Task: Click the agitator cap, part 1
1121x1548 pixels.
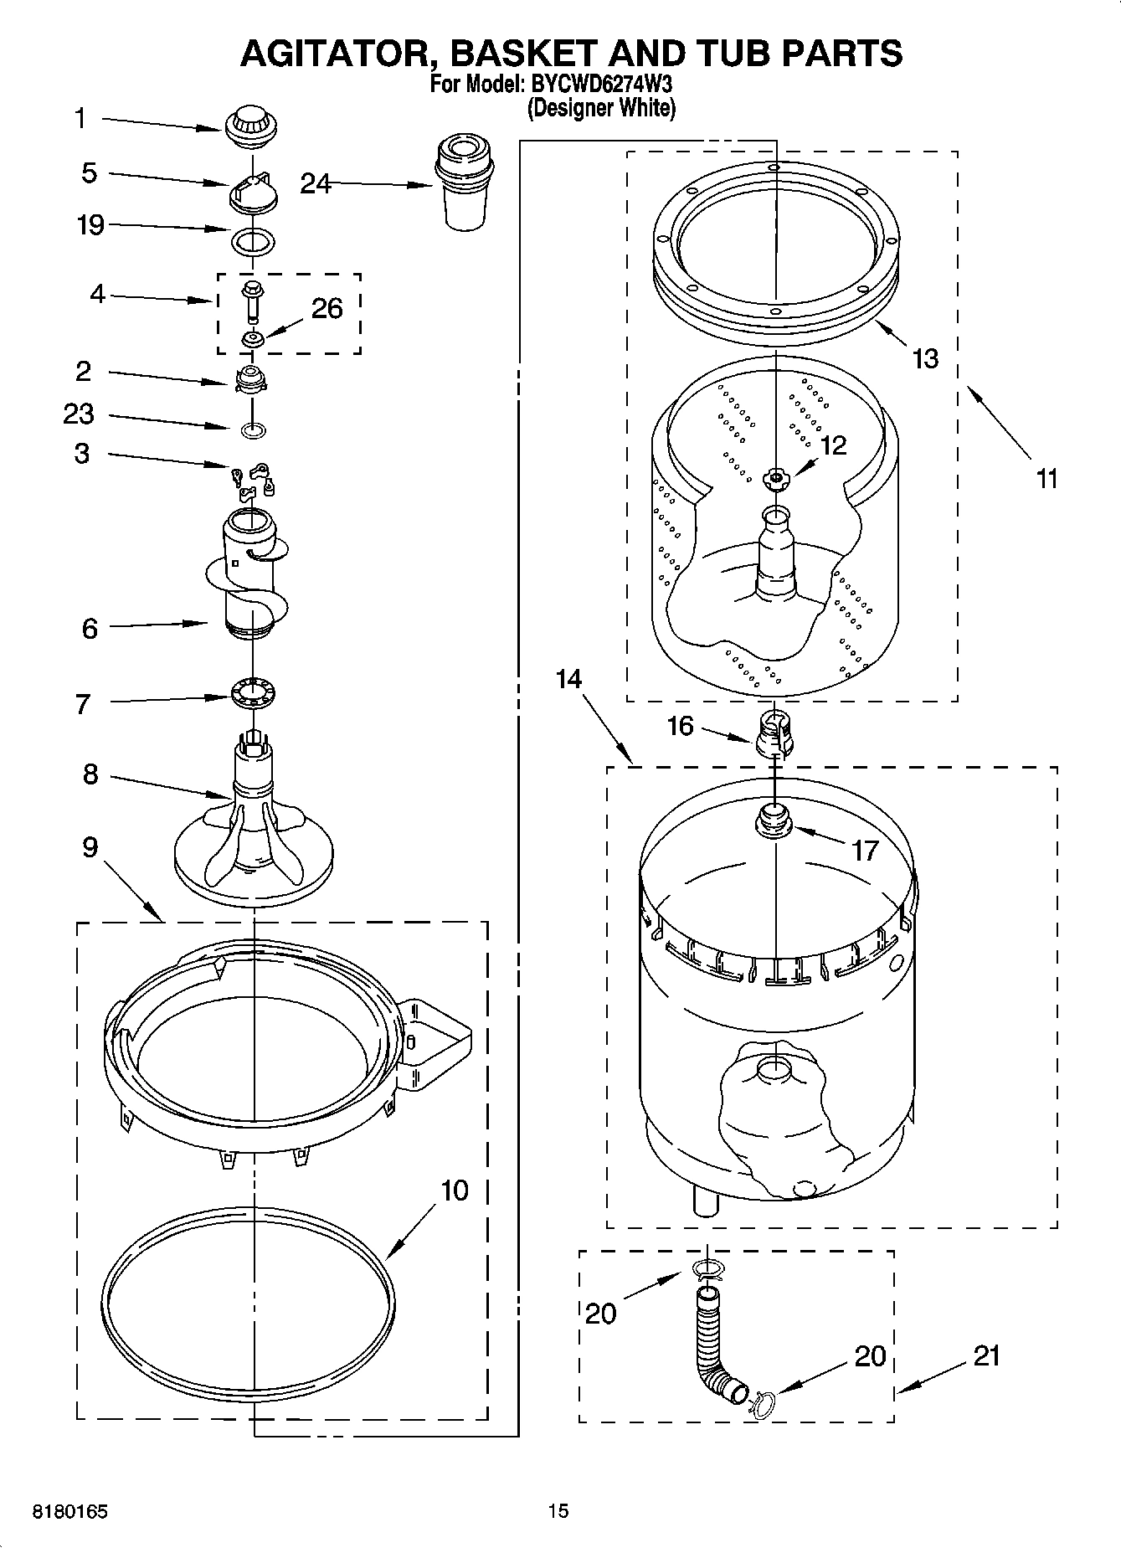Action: coord(250,127)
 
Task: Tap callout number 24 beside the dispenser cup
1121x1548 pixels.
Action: coord(316,183)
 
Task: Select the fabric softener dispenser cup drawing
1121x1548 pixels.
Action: coord(464,185)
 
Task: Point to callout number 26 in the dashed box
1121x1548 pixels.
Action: coord(327,309)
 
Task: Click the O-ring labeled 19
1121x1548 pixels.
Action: coord(252,242)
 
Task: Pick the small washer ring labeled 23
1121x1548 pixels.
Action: coord(254,430)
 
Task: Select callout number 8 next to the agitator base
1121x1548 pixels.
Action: coord(90,774)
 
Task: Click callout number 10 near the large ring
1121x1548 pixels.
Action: coord(454,1190)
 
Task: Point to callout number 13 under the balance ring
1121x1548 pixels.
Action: coord(925,358)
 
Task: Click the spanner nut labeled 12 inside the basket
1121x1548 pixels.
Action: coord(776,479)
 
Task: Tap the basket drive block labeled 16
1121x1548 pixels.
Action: coord(775,732)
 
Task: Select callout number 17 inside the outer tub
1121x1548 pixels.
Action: coord(864,851)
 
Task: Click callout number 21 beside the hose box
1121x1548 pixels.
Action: coord(987,1355)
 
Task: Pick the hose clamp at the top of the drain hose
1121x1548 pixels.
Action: coord(708,1271)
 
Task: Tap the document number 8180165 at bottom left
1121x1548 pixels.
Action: coord(69,1512)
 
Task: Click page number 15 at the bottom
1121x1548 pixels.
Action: coord(558,1510)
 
